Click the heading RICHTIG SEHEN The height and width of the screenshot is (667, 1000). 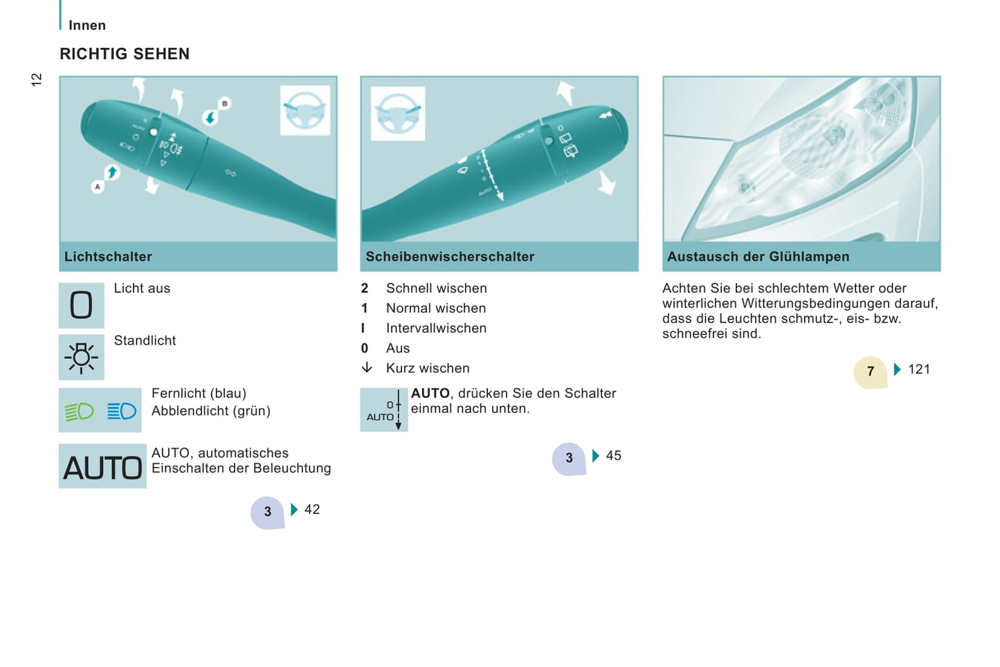pyautogui.click(x=125, y=54)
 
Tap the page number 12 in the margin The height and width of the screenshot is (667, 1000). pyautogui.click(x=36, y=80)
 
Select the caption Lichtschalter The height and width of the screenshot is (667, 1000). pyautogui.click(x=108, y=257)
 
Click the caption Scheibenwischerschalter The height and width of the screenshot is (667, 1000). pyautogui.click(x=450, y=257)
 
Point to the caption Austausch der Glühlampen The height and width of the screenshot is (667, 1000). pyautogui.click(x=758, y=257)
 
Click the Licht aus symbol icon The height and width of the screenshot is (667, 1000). pyautogui.click(x=81, y=305)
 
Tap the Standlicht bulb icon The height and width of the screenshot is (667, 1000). pyautogui.click(x=81, y=357)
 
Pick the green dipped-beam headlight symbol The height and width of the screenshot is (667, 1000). pyautogui.click(x=79, y=412)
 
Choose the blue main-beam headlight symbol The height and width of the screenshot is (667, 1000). pyautogui.click(x=121, y=411)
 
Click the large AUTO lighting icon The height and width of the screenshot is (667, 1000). pyautogui.click(x=102, y=466)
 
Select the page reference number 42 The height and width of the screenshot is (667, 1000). pyautogui.click(x=312, y=509)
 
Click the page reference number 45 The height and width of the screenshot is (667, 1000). pyautogui.click(x=613, y=456)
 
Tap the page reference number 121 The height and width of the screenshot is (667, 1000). pyautogui.click(x=919, y=369)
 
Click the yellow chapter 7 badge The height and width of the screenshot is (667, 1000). pyautogui.click(x=870, y=372)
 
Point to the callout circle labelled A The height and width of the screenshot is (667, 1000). pyautogui.click(x=98, y=186)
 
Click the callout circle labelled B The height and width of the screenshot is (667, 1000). pyautogui.click(x=224, y=104)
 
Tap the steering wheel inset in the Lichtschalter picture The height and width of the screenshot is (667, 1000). pyautogui.click(x=305, y=110)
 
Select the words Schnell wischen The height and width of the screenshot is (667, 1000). pyautogui.click(x=436, y=289)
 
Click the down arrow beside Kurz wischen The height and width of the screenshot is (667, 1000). pyautogui.click(x=367, y=367)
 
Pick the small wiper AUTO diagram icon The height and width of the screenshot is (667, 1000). pyautogui.click(x=384, y=410)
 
